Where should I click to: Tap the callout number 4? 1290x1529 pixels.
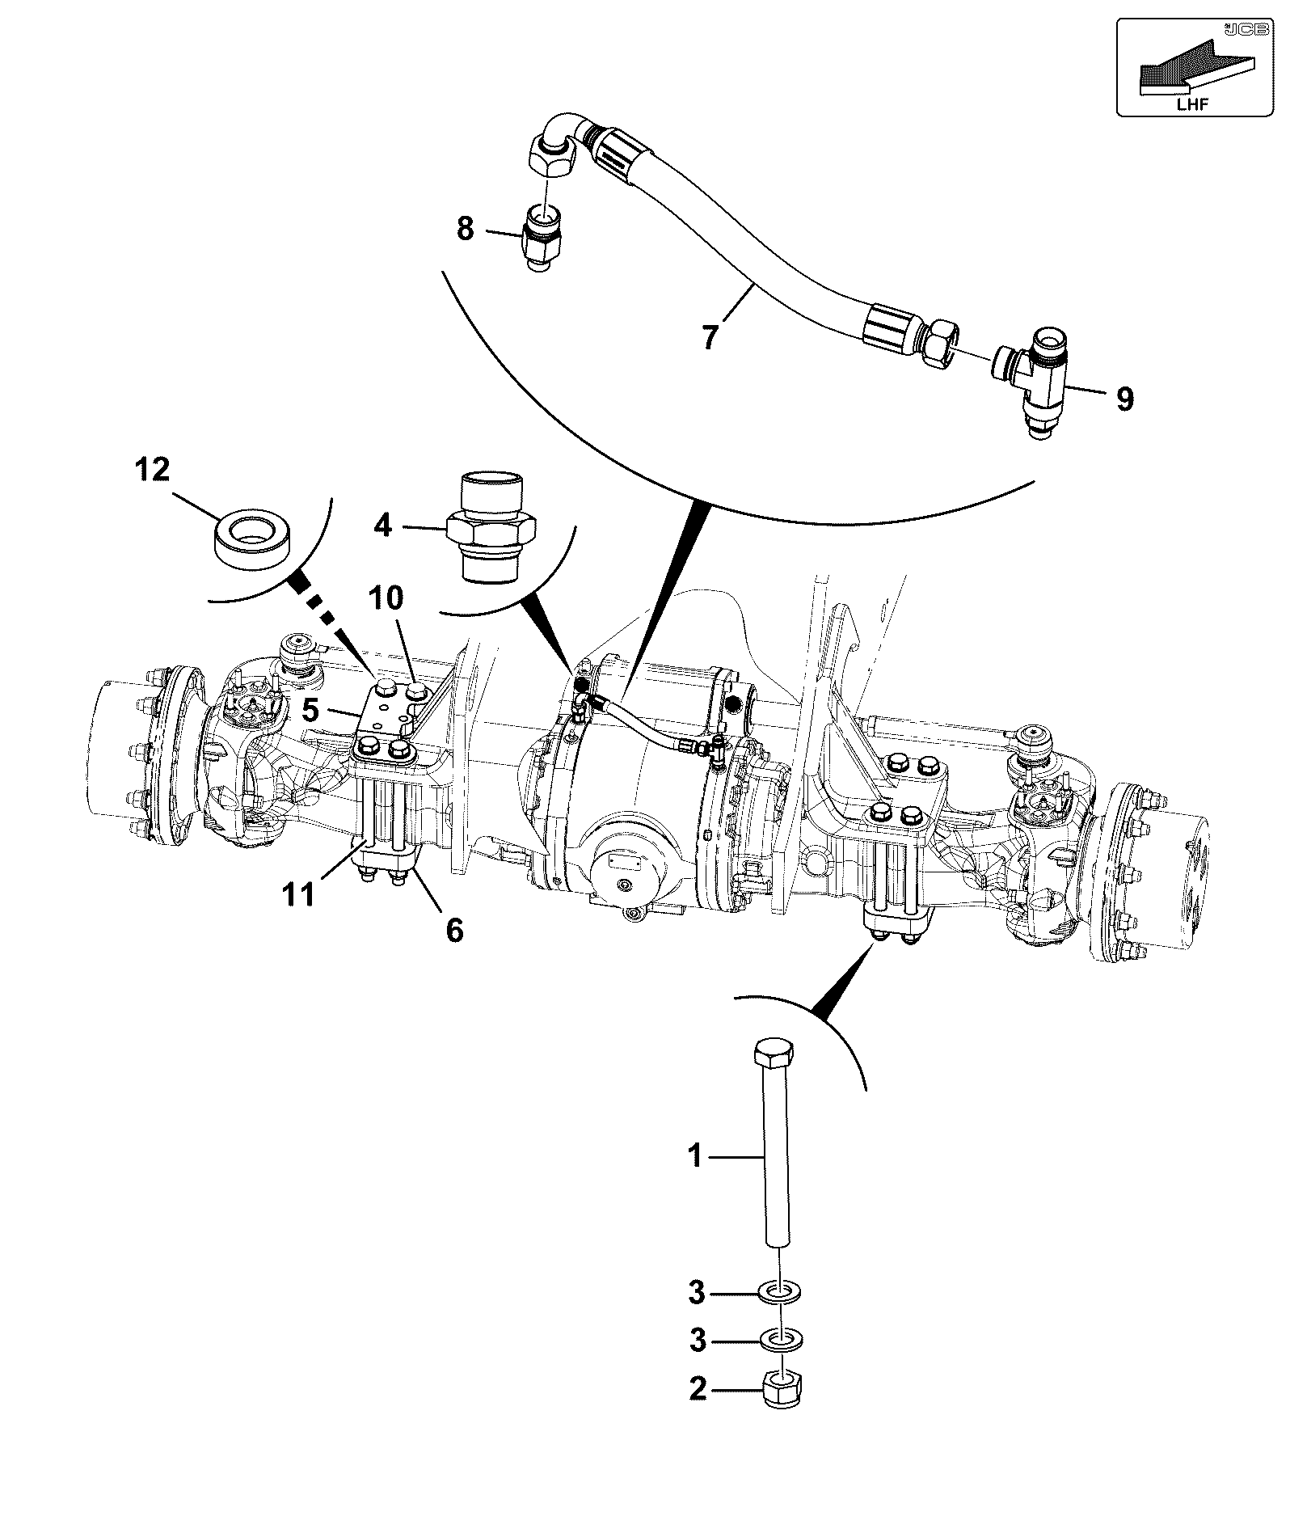tap(383, 526)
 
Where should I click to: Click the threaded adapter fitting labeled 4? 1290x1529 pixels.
tap(491, 527)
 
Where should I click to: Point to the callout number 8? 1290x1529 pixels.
tap(465, 229)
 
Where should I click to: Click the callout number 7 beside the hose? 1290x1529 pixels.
tap(710, 336)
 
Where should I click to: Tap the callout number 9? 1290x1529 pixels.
tap(1125, 399)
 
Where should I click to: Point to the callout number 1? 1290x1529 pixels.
tap(696, 1156)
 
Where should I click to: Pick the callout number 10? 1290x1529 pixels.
tap(386, 598)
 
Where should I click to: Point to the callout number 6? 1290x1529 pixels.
tap(455, 931)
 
